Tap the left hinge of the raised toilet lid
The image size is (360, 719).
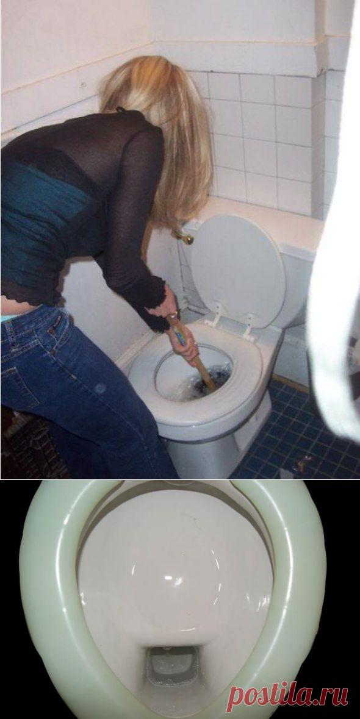pos(215,316)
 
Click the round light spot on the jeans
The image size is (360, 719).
pos(100,388)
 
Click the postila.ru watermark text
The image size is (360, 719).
pos(287,698)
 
